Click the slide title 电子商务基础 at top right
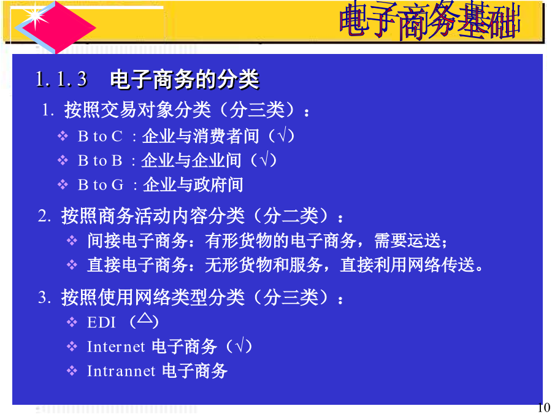430,20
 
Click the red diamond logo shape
56,28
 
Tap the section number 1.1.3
61,79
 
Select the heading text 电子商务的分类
185,79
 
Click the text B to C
101,136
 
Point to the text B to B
100,161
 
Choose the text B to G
101,185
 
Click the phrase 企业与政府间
193,185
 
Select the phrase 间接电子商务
137,241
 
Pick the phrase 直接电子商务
137,265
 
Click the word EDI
101,322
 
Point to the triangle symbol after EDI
145,318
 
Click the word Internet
116,347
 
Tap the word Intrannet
121,371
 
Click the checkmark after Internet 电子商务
239,345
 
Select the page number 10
543,407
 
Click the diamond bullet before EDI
72,322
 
